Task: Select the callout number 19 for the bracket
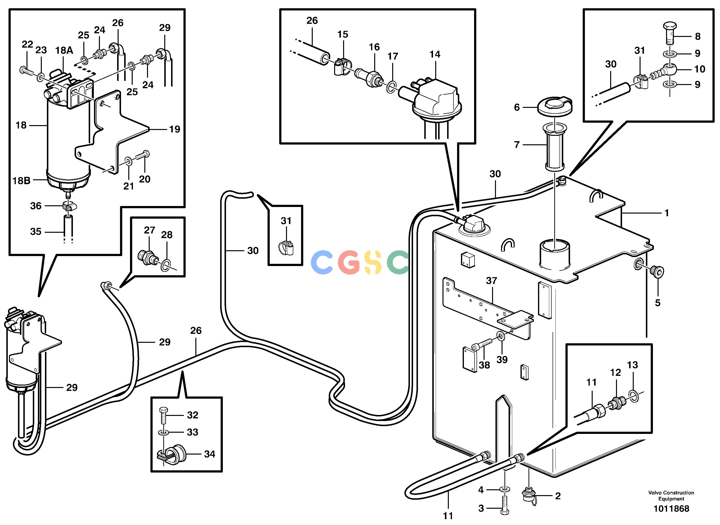coord(174,129)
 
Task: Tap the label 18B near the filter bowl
coord(21,181)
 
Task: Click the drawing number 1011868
coord(671,508)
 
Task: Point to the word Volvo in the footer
coord(655,493)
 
